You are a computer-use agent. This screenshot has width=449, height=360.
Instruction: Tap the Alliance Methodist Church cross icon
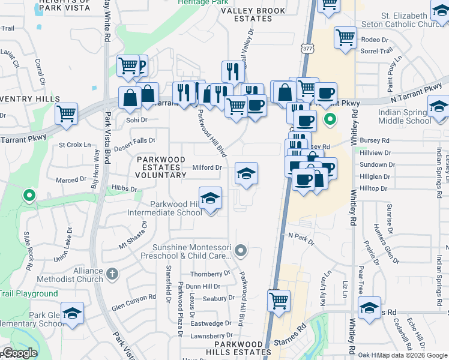(112, 275)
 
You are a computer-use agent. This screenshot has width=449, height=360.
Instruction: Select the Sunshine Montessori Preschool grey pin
(241, 250)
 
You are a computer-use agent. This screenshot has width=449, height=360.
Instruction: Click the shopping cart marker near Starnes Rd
(279, 300)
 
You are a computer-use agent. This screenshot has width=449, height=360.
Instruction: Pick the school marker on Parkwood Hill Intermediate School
(210, 198)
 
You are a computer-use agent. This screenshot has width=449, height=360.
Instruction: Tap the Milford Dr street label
(206, 168)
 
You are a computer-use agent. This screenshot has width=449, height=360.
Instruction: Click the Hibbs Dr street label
(124, 188)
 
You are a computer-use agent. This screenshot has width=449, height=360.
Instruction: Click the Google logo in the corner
(20, 353)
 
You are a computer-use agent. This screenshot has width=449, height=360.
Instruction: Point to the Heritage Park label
(202, 3)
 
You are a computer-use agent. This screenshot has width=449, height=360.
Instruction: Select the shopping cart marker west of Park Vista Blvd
(67, 113)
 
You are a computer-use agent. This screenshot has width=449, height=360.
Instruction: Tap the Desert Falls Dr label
(134, 143)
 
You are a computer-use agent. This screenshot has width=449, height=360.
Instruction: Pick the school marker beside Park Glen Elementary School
(72, 314)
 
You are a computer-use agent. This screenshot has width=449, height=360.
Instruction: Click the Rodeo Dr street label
(375, 40)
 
